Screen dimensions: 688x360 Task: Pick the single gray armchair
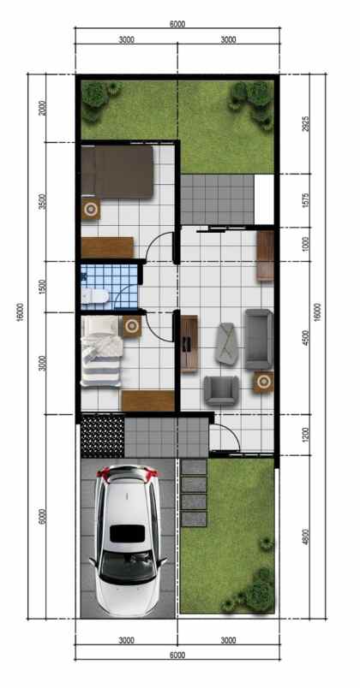click(x=220, y=390)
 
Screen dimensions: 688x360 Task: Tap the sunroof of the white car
click(x=126, y=532)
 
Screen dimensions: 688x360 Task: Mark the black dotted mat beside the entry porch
click(x=101, y=436)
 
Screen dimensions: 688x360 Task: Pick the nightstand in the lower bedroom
click(x=131, y=324)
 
